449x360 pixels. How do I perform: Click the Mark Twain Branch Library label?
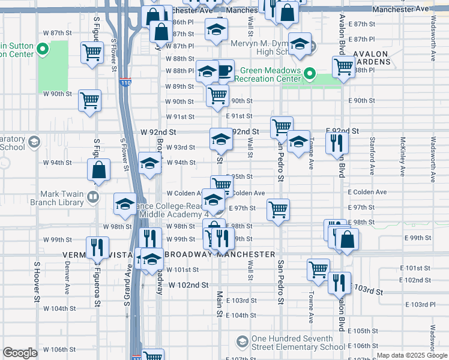[62, 197]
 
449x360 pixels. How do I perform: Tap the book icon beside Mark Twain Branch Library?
[92, 196]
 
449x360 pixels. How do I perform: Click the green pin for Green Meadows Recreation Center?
[309, 75]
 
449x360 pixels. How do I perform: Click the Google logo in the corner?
[20, 353]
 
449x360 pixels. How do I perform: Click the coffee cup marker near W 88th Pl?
[224, 71]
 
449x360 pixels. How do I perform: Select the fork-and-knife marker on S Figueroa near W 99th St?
[96, 246]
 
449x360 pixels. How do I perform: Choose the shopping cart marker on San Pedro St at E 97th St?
[278, 209]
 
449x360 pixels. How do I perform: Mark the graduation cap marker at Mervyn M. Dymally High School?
[299, 44]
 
